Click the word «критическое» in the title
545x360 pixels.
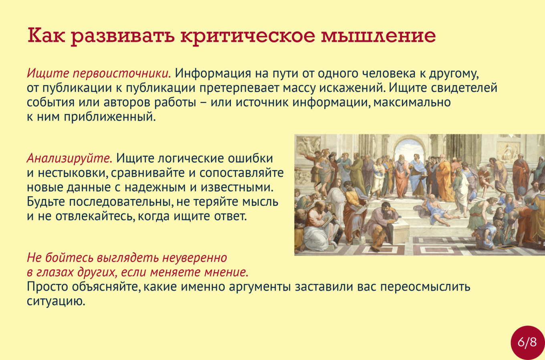tap(248, 36)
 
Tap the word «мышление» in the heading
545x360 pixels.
tap(378, 36)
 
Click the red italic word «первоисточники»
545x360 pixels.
tap(122, 73)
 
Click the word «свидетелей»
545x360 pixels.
tap(464, 88)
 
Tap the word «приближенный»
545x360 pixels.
tap(110, 117)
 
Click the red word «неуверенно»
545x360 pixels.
tap(195, 257)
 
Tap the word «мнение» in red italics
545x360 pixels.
tap(226, 272)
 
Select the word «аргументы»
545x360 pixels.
tap(260, 287)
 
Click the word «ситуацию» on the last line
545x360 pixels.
tap(56, 301)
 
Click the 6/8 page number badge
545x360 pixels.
tap(527, 343)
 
